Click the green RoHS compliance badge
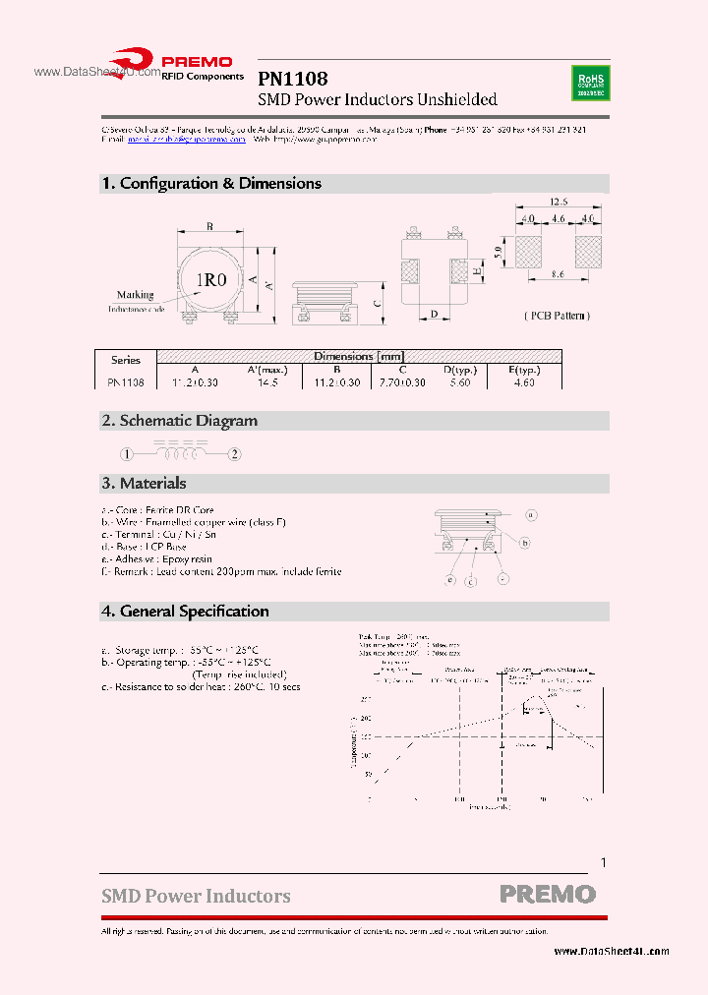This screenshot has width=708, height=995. [x=589, y=83]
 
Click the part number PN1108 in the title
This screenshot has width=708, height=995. [x=292, y=79]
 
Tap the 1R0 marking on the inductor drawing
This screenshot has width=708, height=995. [x=210, y=280]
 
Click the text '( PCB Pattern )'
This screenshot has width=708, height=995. [x=556, y=316]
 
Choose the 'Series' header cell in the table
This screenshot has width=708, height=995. [x=126, y=360]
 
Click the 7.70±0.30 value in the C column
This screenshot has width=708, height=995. [x=402, y=382]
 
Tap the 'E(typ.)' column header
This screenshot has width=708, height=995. [x=521, y=370]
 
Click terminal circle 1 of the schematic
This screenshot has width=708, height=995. [x=127, y=454]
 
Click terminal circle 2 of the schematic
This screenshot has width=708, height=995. [x=234, y=454]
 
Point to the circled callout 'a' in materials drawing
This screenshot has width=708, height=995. [x=530, y=514]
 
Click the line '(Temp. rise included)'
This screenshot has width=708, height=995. [x=240, y=674]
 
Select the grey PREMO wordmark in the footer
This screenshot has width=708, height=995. [x=548, y=894]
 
